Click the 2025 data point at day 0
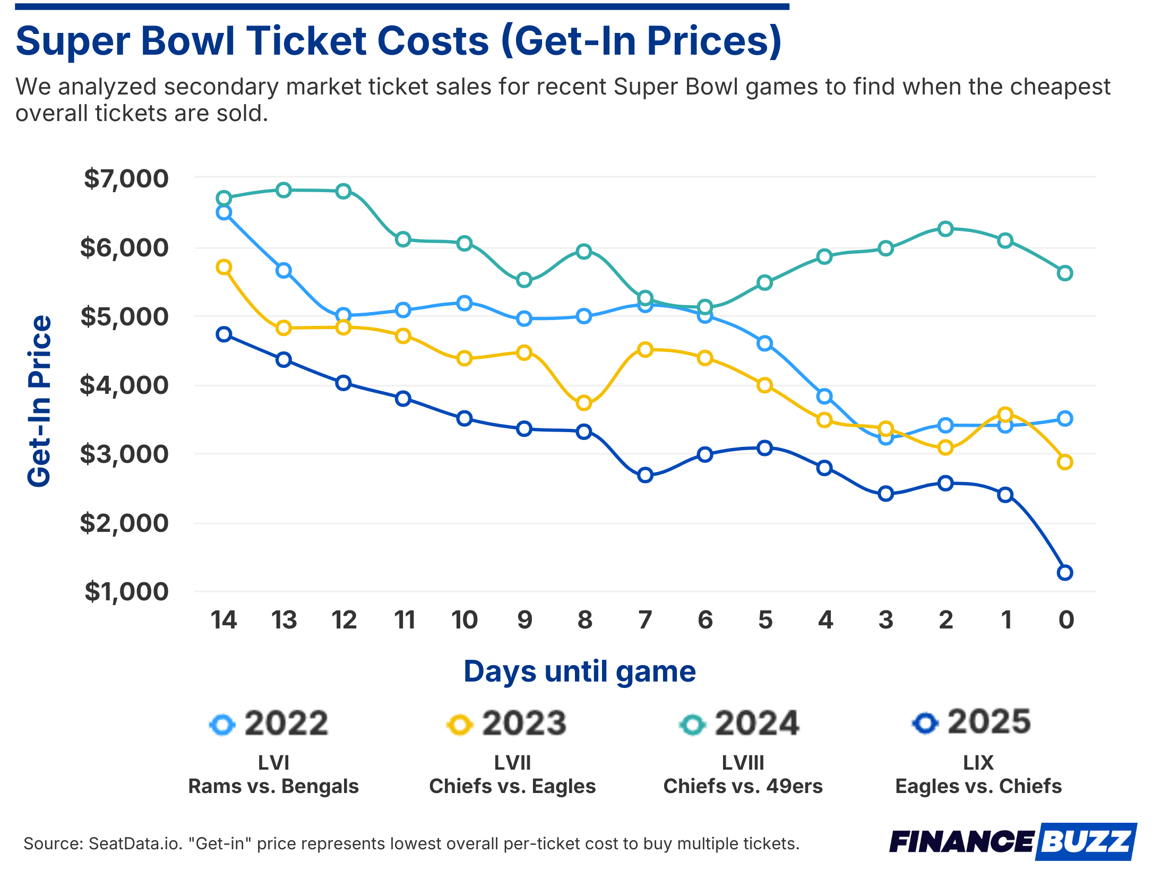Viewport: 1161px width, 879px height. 1064,573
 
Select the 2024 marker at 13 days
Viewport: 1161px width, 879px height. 283,191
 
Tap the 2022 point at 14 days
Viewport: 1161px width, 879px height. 223,213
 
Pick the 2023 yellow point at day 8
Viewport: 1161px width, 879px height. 583,403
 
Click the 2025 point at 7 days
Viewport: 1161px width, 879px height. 644,475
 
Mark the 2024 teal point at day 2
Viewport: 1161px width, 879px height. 945,229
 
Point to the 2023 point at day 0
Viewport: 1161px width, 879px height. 1064,462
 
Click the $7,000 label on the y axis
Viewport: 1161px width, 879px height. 126,179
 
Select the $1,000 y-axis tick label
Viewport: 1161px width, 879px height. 126,591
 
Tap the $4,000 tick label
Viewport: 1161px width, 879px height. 124,385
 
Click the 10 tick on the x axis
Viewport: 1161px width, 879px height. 464,620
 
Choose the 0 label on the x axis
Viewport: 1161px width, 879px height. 1066,620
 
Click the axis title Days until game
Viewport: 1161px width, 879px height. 579,671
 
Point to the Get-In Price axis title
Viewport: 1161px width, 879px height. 39,401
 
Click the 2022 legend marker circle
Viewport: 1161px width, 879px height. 222,725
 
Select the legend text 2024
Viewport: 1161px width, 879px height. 756,723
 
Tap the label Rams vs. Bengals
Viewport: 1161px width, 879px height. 273,786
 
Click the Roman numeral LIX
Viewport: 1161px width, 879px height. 978,763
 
